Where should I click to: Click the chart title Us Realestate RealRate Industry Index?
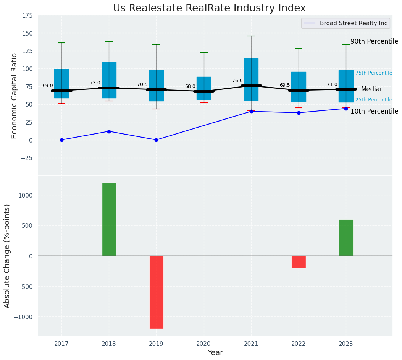point(209,8)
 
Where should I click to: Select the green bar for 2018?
point(109,219)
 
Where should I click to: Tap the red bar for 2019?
point(156,292)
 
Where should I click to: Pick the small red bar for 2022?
point(299,262)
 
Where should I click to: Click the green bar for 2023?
point(346,238)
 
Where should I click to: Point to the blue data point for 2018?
point(109,131)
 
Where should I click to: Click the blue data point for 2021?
point(251,111)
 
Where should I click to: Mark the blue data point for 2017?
point(61,140)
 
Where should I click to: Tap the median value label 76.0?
point(237,81)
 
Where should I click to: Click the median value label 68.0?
point(190,86)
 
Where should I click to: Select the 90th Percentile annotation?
point(374,41)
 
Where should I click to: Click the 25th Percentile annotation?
point(373,100)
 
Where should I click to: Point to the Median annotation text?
point(372,89)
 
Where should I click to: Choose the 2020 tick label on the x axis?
point(203,344)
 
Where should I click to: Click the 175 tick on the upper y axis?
point(27,16)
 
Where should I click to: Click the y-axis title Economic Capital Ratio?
point(15,96)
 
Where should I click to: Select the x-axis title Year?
point(215,353)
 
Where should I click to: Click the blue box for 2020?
point(203,88)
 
